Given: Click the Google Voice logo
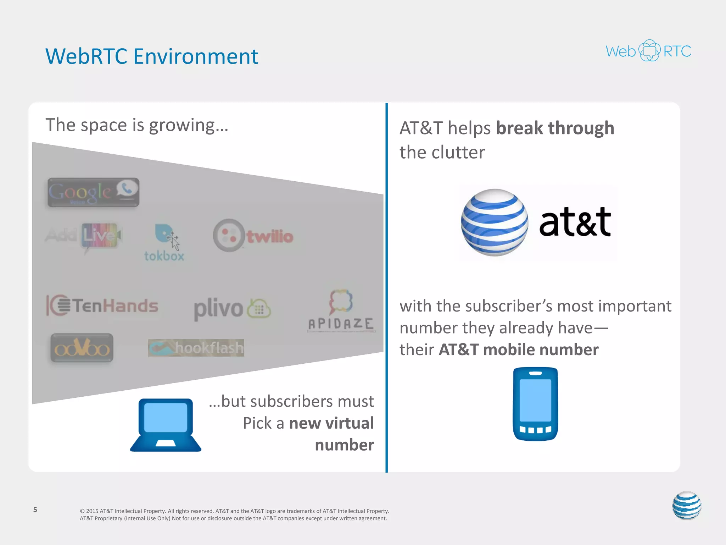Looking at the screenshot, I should pos(93,192).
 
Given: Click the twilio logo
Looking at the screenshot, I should pos(253,236).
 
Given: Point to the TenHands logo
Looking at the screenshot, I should pos(102,305).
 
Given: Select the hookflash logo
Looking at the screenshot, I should pos(196,348).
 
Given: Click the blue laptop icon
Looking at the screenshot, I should pos(166,425).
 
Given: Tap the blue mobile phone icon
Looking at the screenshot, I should pos(535,404).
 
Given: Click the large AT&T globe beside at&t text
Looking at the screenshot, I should pos(494,222).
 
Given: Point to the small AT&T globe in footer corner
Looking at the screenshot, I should pos(687,506).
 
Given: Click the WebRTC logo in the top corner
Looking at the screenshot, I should pos(648,51).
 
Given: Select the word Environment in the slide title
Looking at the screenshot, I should pos(196,56).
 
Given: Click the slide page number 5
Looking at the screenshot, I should pos(35,510).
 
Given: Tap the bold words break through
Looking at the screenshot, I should pos(555,128).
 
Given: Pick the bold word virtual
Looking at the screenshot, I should pos(350,423).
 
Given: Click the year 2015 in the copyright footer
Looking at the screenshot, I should pos(92,511).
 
